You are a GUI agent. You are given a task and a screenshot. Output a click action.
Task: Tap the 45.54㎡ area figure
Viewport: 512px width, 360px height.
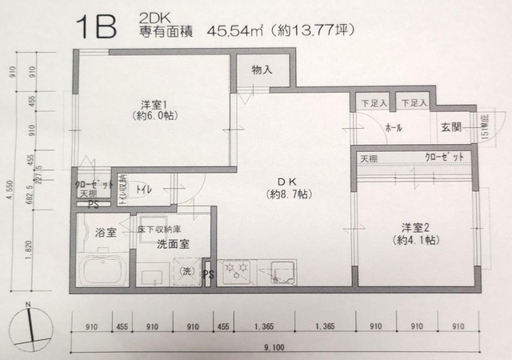tap(232, 33)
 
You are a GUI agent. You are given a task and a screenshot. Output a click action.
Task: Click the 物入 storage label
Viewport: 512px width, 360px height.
tap(261, 70)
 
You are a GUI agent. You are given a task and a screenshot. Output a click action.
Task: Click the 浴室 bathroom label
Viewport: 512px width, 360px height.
tap(106, 233)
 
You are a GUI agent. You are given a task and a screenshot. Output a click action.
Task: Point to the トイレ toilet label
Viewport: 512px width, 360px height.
tap(146, 190)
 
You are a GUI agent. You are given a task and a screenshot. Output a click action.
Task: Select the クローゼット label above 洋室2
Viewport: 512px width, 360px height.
tap(444, 158)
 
